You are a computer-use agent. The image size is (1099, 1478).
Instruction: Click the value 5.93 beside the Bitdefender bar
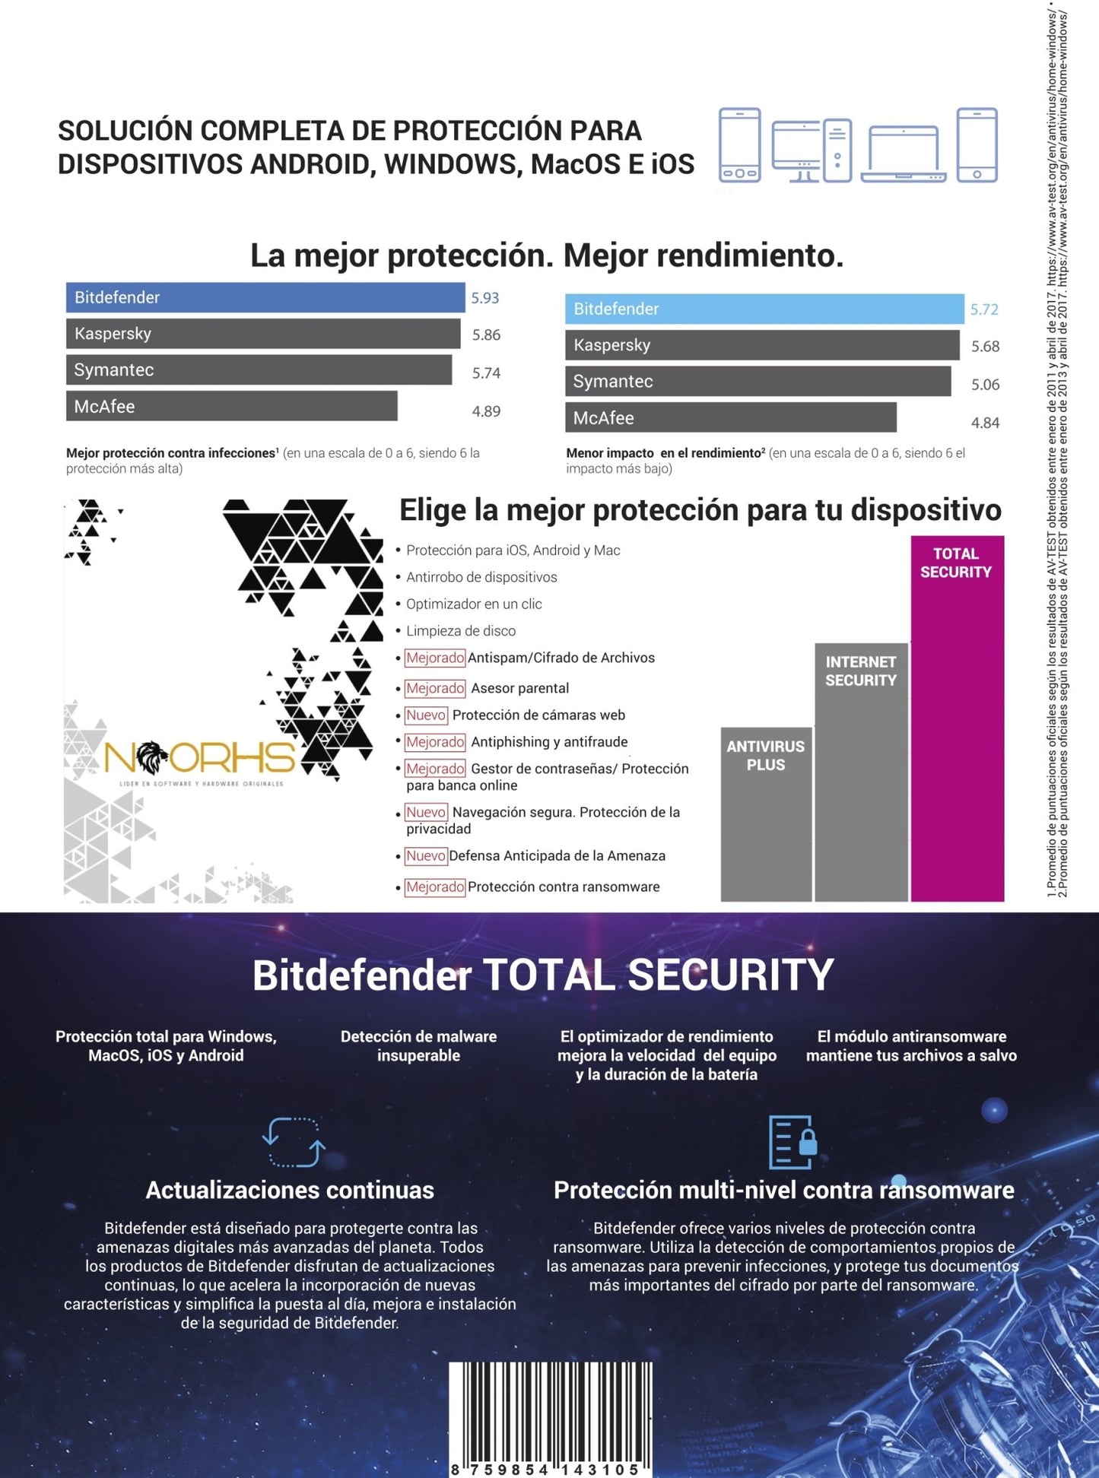point(484,298)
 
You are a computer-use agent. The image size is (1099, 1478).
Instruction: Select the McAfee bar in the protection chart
point(231,406)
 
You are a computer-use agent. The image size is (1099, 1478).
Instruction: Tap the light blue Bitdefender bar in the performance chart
point(764,309)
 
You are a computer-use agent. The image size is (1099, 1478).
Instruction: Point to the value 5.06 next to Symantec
point(985,385)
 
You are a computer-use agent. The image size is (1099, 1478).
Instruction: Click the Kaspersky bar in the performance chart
point(761,345)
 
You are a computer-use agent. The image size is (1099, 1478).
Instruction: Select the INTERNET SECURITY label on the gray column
point(861,671)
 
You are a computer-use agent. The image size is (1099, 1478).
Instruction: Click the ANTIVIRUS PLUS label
point(765,756)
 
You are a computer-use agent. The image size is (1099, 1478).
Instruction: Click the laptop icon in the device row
point(904,154)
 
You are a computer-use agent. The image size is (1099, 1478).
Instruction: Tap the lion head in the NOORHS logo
point(154,757)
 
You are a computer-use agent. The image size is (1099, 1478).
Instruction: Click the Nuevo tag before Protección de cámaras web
point(426,715)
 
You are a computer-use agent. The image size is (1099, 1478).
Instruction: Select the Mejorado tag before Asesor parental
point(434,688)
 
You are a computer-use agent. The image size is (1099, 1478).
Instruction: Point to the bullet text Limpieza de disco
point(460,631)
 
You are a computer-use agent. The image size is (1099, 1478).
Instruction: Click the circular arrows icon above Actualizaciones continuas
point(294,1142)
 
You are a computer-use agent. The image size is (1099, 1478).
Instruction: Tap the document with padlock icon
point(792,1142)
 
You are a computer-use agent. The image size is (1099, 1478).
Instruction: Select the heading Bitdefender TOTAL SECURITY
point(543,975)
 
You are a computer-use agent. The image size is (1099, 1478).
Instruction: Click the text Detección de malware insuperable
point(418,1046)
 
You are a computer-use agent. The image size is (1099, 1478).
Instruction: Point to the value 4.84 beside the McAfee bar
point(985,423)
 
